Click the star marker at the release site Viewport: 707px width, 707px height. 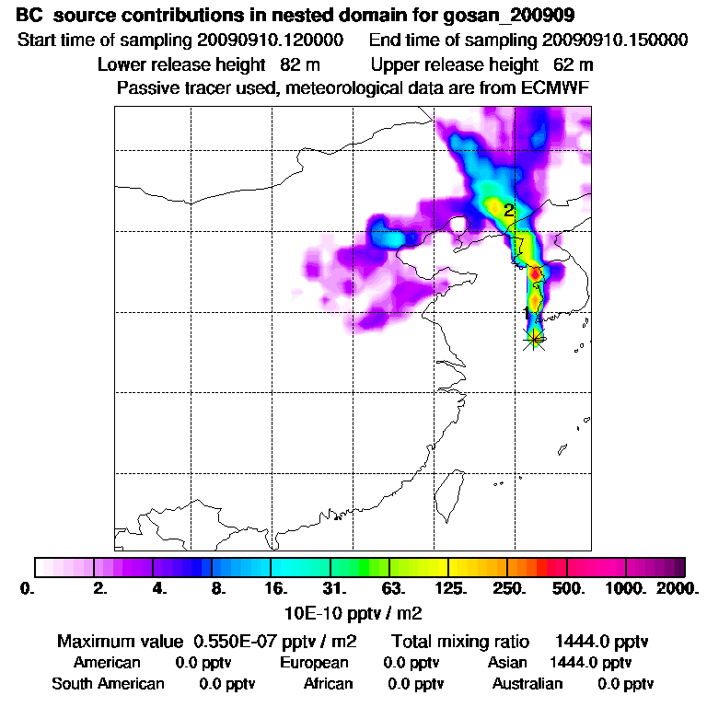[534, 339]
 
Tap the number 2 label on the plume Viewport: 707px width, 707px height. [508, 211]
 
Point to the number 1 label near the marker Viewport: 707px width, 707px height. [527, 313]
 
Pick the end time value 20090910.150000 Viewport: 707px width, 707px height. [615, 41]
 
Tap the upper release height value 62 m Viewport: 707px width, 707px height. [573, 65]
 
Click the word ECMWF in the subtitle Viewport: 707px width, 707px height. [555, 88]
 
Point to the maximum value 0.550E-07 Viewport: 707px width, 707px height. [235, 641]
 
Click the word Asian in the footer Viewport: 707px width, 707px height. [507, 663]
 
